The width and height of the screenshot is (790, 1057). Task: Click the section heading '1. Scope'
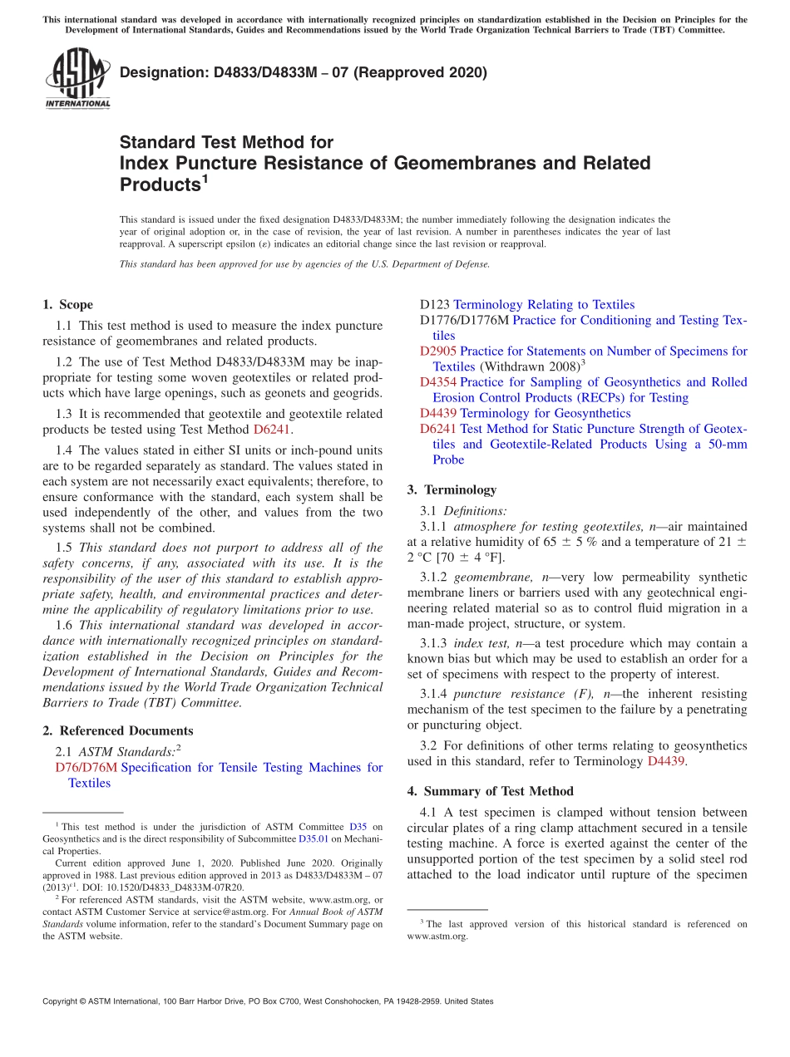click(x=68, y=305)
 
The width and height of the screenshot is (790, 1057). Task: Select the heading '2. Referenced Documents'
click(x=118, y=731)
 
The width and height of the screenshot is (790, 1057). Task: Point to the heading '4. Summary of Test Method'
click(x=491, y=792)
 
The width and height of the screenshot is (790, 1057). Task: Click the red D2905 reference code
click(x=438, y=352)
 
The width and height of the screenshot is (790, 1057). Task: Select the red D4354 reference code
click(x=438, y=382)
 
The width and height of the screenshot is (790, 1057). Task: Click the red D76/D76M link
click(x=86, y=768)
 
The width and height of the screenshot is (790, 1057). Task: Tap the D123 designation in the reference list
click(x=435, y=305)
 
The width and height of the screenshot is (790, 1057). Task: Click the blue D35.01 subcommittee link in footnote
click(x=314, y=839)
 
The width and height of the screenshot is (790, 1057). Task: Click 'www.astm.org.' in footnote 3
click(x=437, y=936)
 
